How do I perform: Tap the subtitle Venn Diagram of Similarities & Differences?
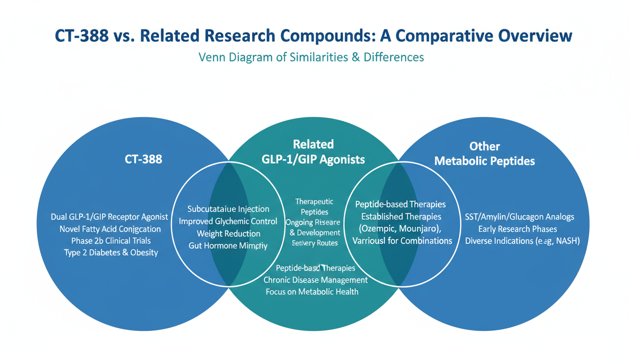[x=311, y=57]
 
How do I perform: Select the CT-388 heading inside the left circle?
[x=143, y=159]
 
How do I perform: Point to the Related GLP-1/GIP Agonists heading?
[x=313, y=152]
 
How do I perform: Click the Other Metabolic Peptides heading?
[x=484, y=154]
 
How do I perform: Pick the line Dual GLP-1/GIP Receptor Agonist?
[x=109, y=217]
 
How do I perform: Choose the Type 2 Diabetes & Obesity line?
[x=111, y=253]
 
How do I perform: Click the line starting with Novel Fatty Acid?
[x=110, y=229]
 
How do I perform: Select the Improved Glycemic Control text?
[x=228, y=221]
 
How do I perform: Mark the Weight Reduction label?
[x=228, y=233]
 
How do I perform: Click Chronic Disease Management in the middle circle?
[x=315, y=280]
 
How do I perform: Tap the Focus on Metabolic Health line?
[x=312, y=292]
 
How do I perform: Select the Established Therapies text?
[x=401, y=217]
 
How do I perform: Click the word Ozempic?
[x=377, y=229]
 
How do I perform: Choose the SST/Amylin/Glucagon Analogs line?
[x=519, y=217]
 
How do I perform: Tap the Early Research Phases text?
[x=517, y=229]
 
